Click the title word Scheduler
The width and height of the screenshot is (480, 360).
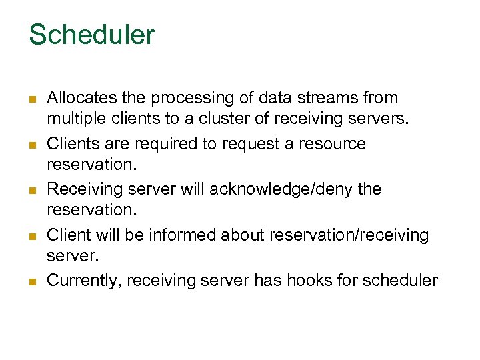click(x=91, y=35)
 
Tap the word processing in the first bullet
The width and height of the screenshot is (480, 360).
click(x=189, y=98)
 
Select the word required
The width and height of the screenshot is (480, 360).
click(x=169, y=143)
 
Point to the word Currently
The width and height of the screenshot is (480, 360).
click(x=83, y=281)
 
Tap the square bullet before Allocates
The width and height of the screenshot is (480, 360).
click(x=31, y=99)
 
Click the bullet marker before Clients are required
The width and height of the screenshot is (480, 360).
click(x=31, y=145)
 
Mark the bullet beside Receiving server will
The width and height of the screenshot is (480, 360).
click(x=31, y=191)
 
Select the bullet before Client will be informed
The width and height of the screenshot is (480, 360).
click(x=31, y=236)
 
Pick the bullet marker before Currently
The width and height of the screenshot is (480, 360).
click(x=31, y=282)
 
